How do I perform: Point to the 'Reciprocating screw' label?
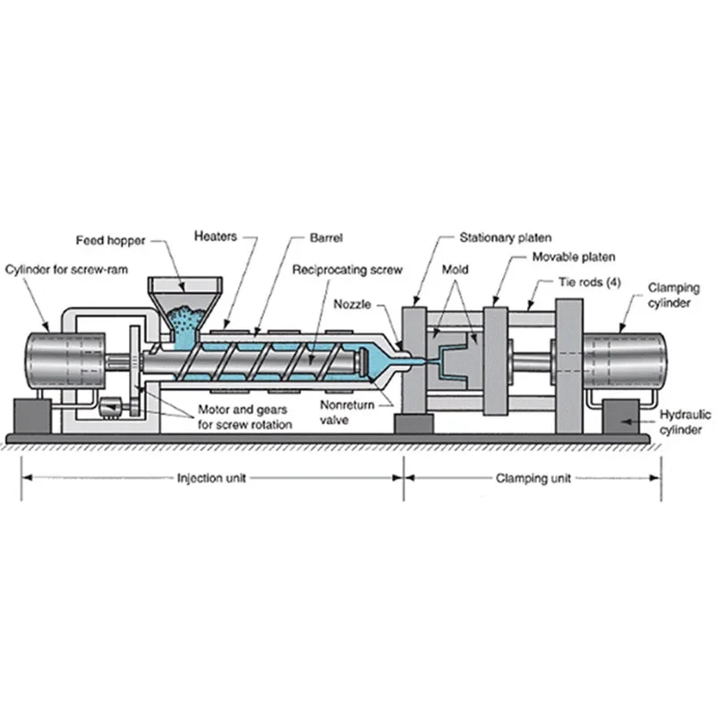pos(347,269)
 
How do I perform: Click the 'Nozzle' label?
pos(351,304)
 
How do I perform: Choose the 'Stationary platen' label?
pos(506,238)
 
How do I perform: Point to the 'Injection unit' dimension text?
pos(211,478)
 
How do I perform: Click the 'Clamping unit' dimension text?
pos(533,478)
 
